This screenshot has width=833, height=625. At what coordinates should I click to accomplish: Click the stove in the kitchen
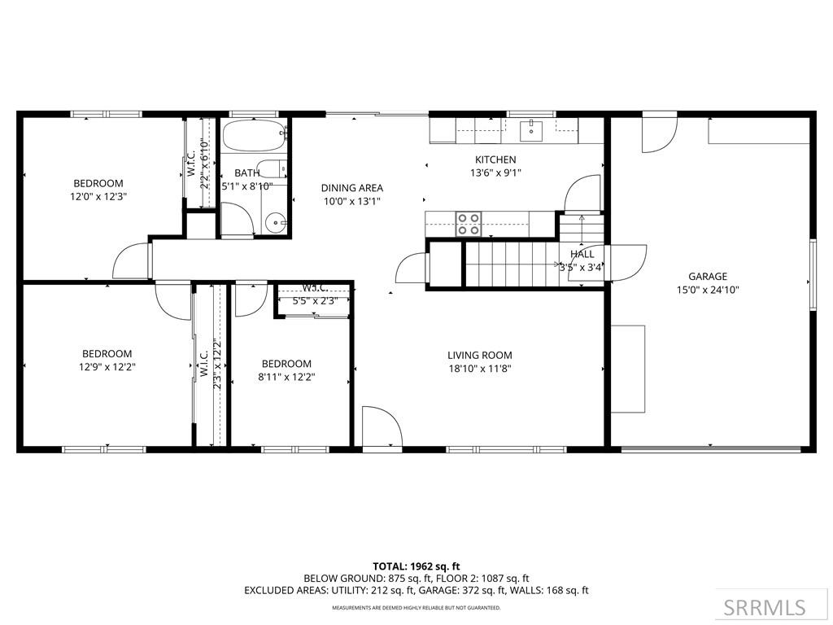469,223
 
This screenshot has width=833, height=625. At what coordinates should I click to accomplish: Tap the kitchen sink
531,128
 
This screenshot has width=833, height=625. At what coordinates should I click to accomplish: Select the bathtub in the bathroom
254,135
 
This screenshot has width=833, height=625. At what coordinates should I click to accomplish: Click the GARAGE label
707,276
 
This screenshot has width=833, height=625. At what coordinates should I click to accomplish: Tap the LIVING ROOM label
479,355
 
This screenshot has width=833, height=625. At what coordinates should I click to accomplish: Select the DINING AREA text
351,187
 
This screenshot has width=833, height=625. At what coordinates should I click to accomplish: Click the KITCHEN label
495,160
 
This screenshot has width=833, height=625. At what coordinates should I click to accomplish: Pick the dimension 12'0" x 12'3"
98,196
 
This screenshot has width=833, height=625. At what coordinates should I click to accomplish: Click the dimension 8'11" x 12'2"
286,377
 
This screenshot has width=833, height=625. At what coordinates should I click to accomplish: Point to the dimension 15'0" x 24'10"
707,290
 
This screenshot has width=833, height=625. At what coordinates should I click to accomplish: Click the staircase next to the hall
509,264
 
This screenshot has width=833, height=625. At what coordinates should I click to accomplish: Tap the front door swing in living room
381,428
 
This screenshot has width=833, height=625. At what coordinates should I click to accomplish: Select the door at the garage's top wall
659,134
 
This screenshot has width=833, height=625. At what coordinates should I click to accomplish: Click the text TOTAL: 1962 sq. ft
416,566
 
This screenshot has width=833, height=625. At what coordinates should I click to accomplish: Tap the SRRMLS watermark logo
765,607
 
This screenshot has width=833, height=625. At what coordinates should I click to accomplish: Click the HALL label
582,254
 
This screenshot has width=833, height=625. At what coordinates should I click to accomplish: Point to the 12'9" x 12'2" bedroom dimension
107,367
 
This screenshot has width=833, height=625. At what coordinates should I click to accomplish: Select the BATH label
247,173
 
